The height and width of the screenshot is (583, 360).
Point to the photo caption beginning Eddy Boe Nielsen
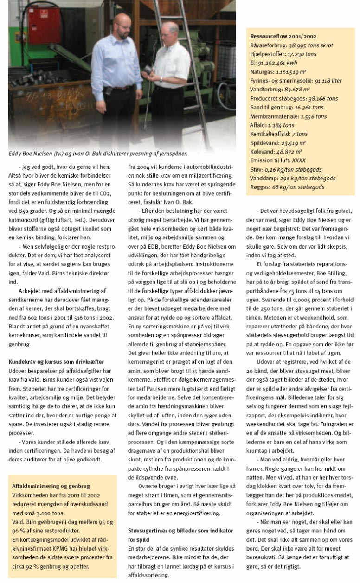click(100, 153)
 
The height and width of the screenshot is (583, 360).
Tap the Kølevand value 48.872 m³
click(293, 151)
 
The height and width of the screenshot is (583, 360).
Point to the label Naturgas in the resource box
click(261, 72)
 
